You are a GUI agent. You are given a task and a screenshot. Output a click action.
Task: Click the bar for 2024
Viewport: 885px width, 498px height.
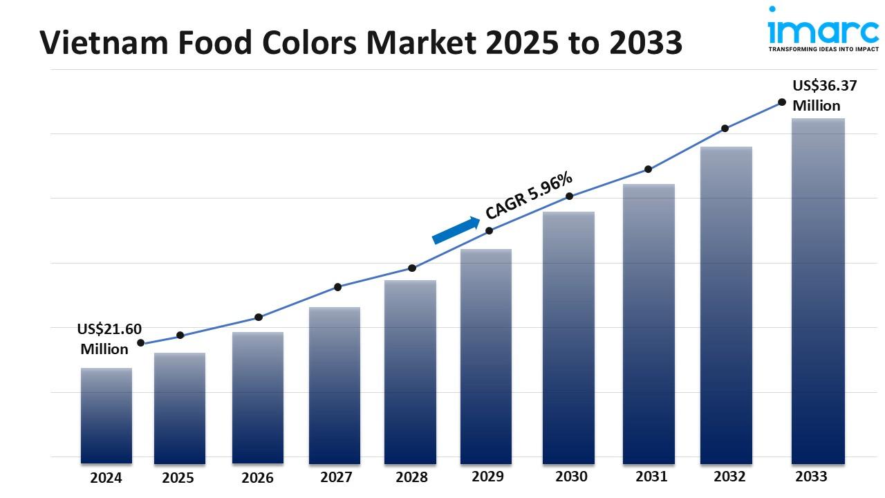106,415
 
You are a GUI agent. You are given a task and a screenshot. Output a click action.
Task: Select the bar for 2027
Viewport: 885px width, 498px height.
335,385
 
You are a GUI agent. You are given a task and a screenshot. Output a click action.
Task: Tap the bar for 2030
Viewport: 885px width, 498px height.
568,338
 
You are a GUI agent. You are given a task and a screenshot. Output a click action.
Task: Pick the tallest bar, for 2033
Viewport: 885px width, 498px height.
818,290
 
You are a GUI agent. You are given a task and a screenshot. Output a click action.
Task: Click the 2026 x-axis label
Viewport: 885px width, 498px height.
257,478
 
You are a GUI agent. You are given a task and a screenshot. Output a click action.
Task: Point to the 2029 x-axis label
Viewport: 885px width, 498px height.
487,477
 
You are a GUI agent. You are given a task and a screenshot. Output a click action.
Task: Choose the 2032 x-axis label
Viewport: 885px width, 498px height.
729,477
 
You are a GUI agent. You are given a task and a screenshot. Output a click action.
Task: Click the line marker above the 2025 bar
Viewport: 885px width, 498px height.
180,335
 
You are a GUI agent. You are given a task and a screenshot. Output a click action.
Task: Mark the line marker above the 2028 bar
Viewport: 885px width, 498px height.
412,268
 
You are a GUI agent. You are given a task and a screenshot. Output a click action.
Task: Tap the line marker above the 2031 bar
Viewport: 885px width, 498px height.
649,169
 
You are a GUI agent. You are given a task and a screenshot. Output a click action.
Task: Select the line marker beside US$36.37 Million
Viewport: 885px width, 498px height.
782,102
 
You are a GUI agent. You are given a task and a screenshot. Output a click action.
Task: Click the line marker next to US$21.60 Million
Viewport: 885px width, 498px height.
141,343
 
